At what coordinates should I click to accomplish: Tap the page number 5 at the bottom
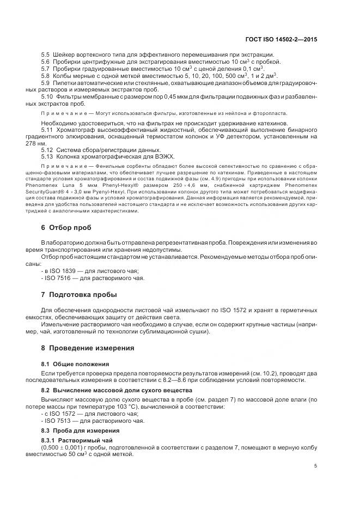[315, 466]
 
